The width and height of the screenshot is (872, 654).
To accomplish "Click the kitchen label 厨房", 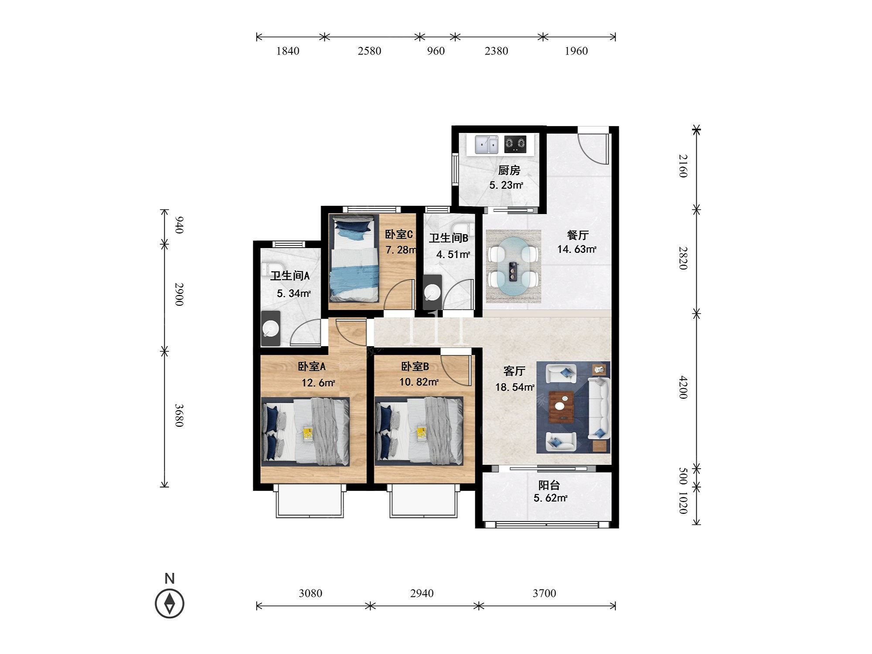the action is [x=509, y=170].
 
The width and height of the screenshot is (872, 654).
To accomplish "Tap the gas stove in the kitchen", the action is [x=515, y=144].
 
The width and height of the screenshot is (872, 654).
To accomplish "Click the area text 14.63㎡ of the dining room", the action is [x=577, y=249].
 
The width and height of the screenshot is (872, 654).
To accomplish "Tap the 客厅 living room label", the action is [x=514, y=371].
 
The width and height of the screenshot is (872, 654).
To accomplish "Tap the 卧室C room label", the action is [x=399, y=235].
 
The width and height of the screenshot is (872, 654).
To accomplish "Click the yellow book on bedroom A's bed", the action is [x=309, y=433].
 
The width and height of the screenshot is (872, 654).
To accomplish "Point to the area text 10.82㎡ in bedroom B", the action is [x=419, y=382].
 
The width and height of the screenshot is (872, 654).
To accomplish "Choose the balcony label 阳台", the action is [x=549, y=485].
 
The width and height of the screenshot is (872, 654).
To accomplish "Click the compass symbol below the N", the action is [x=170, y=603].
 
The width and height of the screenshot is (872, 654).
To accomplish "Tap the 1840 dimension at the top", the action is [x=288, y=51].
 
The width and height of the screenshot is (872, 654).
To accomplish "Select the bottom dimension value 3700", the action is [x=544, y=593].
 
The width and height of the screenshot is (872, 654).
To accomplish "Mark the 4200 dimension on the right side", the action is [x=683, y=387].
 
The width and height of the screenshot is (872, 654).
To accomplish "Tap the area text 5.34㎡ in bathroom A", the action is [x=294, y=293].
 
